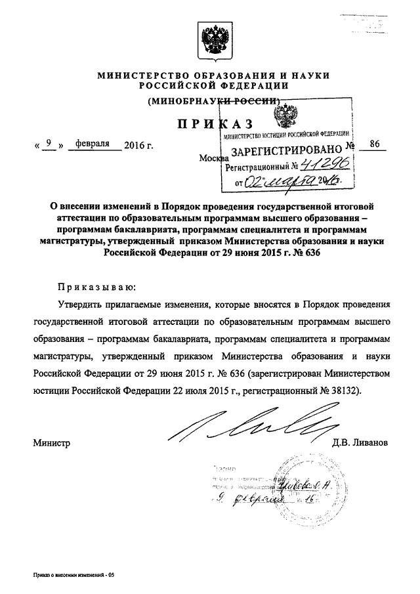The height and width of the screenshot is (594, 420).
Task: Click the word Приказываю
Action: pyautogui.click(x=96, y=287)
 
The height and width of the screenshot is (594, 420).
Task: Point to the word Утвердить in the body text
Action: pyautogui.click(x=81, y=306)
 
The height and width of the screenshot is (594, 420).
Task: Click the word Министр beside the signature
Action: pyautogui.click(x=51, y=442)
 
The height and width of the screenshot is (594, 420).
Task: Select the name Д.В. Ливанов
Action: pyautogui.click(x=362, y=442)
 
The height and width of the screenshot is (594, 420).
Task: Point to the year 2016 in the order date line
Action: pyautogui.click(x=138, y=142)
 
